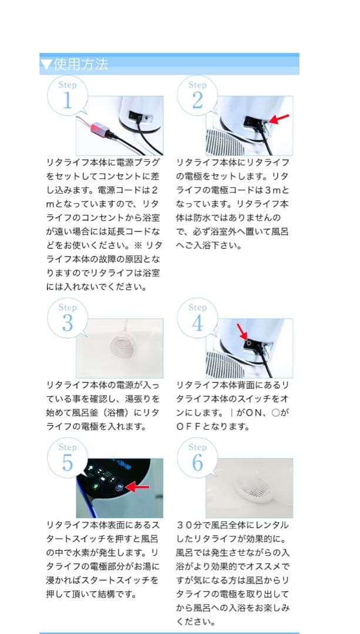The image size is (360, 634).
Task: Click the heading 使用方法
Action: pyautogui.click(x=81, y=64)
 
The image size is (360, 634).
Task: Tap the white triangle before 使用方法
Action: pyautogui.click(x=46, y=64)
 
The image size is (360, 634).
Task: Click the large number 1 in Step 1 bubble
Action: pyautogui.click(x=67, y=100)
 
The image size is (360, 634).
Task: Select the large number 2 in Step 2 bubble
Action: pyautogui.click(x=197, y=100)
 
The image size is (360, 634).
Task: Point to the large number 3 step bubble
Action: pyautogui.click(x=67, y=323)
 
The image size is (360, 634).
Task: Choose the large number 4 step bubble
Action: pyautogui.click(x=197, y=323)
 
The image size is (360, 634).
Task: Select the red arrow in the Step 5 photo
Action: pyautogui.click(x=138, y=487)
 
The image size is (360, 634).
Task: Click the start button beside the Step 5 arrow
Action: pyautogui.click(x=120, y=487)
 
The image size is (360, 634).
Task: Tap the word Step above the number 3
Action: pyautogui.click(x=67, y=307)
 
